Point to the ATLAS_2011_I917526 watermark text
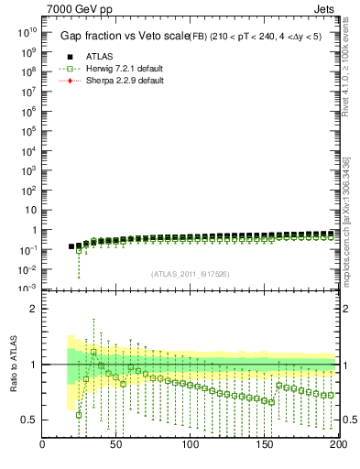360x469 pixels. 191,274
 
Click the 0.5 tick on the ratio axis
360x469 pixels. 29,420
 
